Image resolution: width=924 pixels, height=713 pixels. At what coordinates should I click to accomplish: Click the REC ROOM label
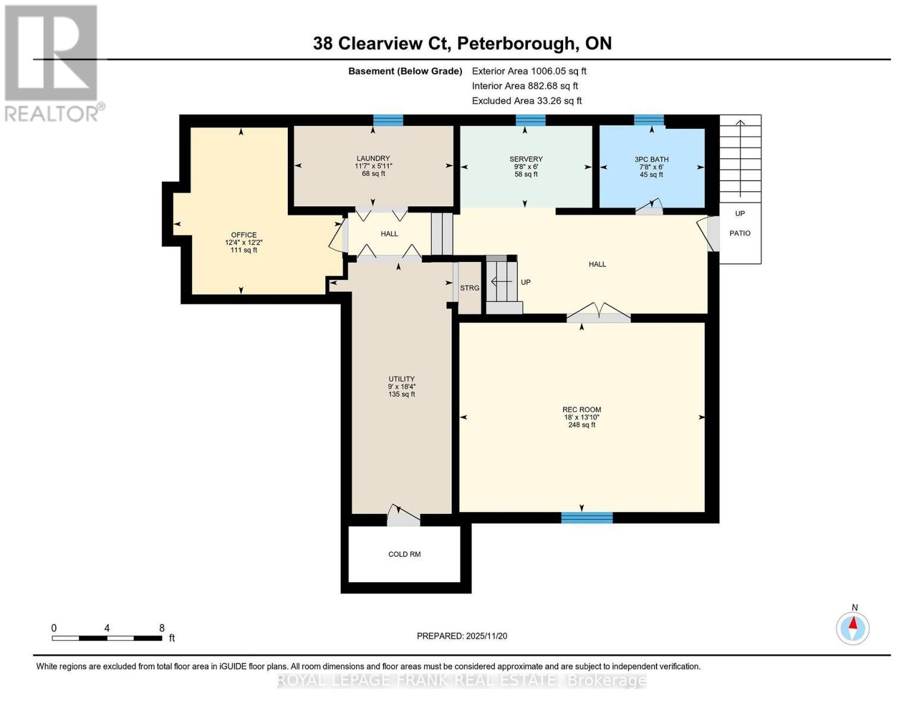pos(582,409)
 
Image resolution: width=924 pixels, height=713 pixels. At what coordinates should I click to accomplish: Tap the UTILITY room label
pos(401,379)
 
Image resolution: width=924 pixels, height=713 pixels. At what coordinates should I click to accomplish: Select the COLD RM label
pos(404,554)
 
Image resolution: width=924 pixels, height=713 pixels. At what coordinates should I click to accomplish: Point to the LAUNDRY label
pos(373,159)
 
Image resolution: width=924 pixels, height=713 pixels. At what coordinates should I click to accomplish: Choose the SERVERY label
pos(526,159)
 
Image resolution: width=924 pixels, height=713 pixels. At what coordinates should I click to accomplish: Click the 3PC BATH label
pos(651,159)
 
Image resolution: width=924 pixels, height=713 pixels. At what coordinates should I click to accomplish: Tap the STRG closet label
pos(469,288)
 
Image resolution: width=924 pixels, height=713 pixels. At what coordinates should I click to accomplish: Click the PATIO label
pos(740,234)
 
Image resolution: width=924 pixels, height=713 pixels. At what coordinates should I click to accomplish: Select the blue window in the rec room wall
pos(587,518)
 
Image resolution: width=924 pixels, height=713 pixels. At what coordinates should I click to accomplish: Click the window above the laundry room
pos(388,121)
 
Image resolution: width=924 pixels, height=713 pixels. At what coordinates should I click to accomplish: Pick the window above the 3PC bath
pos(649,121)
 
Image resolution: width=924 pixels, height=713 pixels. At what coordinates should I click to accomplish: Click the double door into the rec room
pos(599,314)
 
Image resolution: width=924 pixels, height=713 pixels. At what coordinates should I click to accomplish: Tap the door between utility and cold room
pos(403,517)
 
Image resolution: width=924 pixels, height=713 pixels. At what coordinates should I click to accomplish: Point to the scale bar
pos(107,638)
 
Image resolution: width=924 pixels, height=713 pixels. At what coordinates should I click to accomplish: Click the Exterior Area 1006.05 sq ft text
pos(529,71)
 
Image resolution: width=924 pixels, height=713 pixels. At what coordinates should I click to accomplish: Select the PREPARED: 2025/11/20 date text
pos(461,636)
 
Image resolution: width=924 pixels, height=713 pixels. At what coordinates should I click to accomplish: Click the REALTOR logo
pos(52,62)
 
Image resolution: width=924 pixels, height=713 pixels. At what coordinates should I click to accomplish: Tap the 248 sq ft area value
pos(582,425)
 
